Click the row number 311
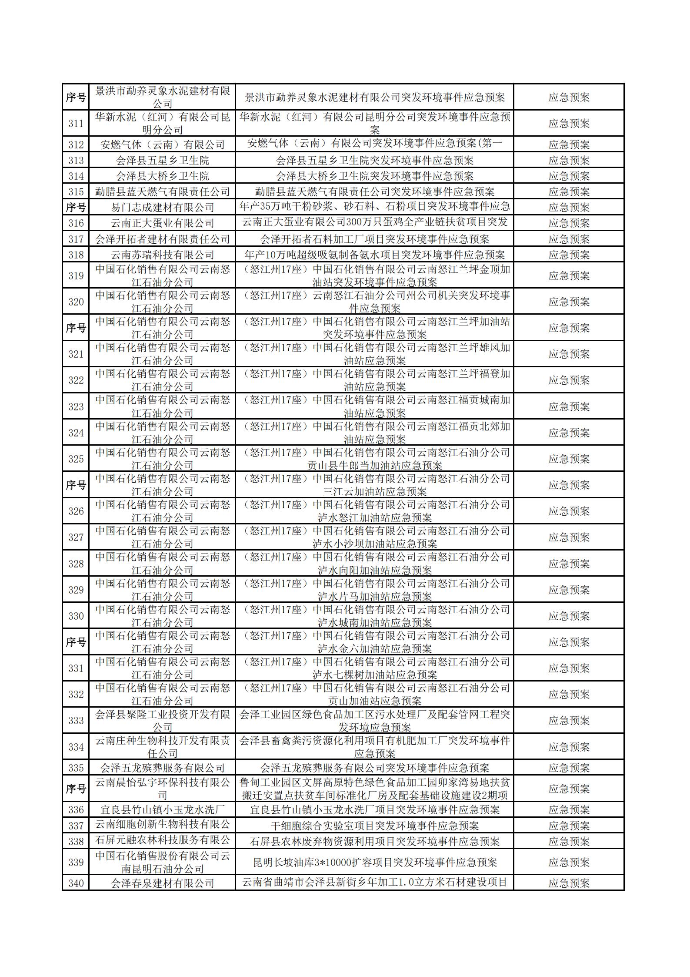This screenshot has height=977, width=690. (76, 123)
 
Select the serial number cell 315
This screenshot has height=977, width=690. (76, 191)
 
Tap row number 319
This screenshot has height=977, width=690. (76, 275)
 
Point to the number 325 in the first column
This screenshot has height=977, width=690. (76, 459)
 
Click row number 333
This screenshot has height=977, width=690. (76, 720)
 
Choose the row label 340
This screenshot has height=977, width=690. (76, 883)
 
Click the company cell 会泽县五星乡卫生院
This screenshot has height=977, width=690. (162, 160)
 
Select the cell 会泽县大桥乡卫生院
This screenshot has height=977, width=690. (162, 176)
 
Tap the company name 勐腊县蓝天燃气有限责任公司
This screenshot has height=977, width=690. (162, 191)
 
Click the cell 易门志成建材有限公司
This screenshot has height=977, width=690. (162, 207)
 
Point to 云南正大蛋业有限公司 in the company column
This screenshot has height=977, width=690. (162, 223)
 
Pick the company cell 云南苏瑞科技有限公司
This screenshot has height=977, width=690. (162, 255)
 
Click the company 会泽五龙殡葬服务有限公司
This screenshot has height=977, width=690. (162, 767)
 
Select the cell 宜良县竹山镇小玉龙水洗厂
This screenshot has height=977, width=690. (162, 809)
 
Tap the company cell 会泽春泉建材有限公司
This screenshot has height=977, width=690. (162, 883)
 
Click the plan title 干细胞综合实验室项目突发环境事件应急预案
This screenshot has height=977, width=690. (374, 826)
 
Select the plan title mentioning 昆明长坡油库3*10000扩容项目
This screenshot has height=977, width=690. (374, 862)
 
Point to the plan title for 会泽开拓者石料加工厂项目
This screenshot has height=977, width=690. (374, 239)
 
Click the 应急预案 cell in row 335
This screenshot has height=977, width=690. (569, 767)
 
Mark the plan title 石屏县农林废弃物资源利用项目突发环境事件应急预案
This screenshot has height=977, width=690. (374, 841)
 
